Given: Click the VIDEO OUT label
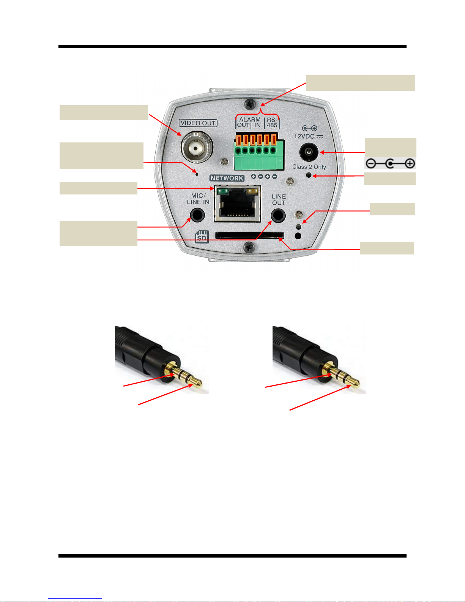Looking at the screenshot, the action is pyautogui.click(x=198, y=123).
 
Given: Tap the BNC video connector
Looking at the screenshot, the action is pyautogui.click(x=196, y=147).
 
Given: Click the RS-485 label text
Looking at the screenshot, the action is pyautogui.click(x=272, y=122).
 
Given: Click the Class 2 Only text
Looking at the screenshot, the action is pyautogui.click(x=309, y=167).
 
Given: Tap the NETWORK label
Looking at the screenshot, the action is pyautogui.click(x=227, y=178).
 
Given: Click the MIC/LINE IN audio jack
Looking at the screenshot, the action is pyautogui.click(x=197, y=215).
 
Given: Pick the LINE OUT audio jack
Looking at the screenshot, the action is pyautogui.click(x=278, y=216).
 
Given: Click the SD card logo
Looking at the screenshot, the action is pyautogui.click(x=202, y=237).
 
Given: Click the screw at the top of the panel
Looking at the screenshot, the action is pyautogui.click(x=250, y=103).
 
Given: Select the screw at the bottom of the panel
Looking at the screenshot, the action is pyautogui.click(x=249, y=247).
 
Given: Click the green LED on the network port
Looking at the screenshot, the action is pyautogui.click(x=224, y=191).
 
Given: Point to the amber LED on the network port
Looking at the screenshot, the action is pyautogui.click(x=251, y=191).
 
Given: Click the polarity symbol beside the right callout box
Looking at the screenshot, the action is pyautogui.click(x=390, y=164).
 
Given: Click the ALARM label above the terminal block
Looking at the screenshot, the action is pyautogui.click(x=250, y=119).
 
